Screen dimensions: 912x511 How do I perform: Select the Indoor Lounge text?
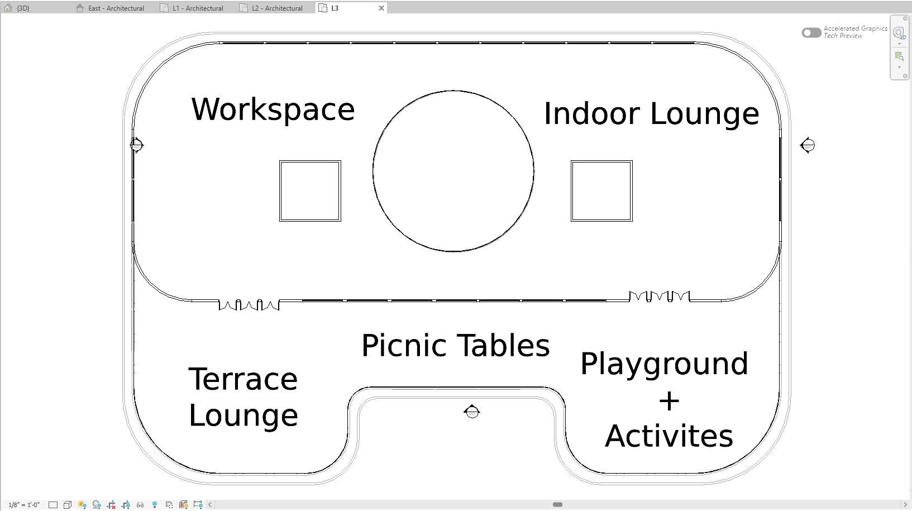click(x=651, y=114)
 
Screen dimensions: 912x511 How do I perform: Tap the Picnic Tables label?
click(x=456, y=345)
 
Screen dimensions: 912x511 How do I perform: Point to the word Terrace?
click(x=243, y=379)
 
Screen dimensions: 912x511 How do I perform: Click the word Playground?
click(x=664, y=365)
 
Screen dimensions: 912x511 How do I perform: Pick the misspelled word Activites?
click(x=669, y=436)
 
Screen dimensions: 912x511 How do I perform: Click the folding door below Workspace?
click(x=249, y=305)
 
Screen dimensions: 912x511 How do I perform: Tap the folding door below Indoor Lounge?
click(x=660, y=297)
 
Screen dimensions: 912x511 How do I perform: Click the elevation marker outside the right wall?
click(x=808, y=145)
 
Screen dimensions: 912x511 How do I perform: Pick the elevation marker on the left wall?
click(x=137, y=145)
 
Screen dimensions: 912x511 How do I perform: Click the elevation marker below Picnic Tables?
click(x=472, y=412)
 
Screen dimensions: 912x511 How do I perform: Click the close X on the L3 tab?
click(x=381, y=8)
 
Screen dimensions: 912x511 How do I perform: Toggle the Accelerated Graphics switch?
click(x=811, y=32)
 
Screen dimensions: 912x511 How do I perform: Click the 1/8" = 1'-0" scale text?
click(x=24, y=505)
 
